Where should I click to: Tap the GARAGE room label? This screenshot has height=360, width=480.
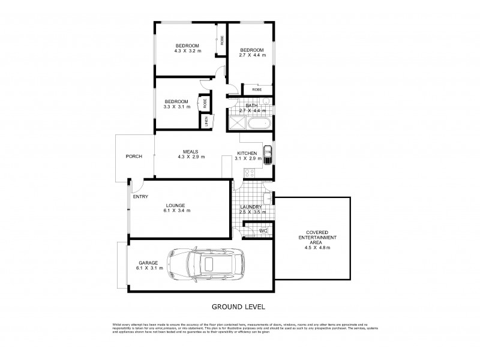tap(148, 262)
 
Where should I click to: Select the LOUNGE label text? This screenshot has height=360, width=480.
tap(176, 205)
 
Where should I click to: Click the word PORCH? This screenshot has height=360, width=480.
tap(134, 157)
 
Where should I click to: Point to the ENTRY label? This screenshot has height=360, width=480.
tap(140, 196)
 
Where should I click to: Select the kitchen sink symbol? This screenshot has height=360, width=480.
tap(268, 154)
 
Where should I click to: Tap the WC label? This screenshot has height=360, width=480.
tap(263, 230)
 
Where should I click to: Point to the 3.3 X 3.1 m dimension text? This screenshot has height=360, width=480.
tap(176, 107)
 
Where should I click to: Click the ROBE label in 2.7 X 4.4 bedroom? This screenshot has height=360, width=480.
tap(256, 89)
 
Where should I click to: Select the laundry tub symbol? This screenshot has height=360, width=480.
tap(269, 197)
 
